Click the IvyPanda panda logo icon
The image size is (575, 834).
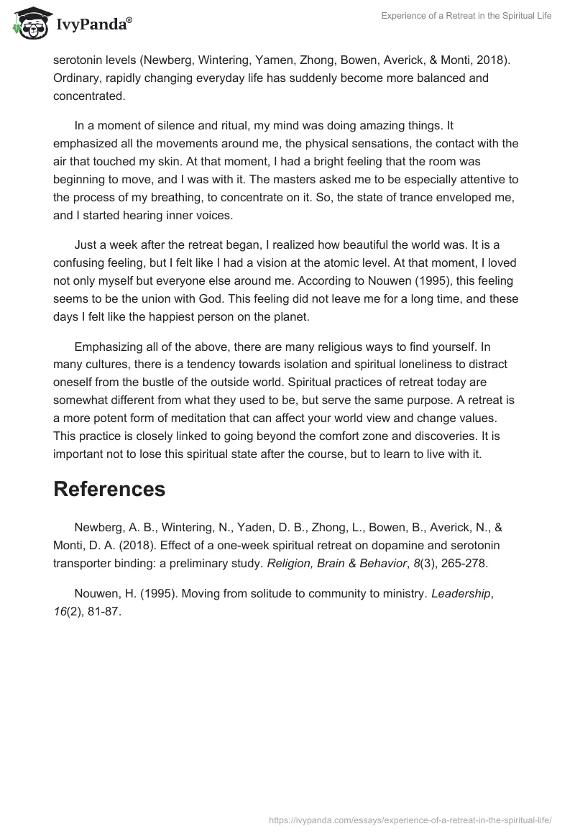28,23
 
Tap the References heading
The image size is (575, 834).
109,489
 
